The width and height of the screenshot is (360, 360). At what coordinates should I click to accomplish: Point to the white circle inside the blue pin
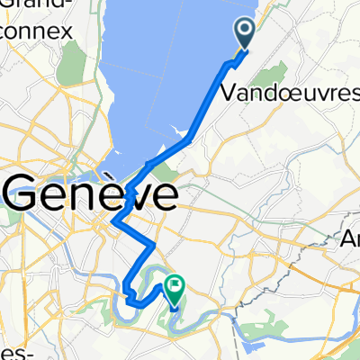[246, 32]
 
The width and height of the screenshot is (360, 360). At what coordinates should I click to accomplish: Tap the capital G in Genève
[25, 193]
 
